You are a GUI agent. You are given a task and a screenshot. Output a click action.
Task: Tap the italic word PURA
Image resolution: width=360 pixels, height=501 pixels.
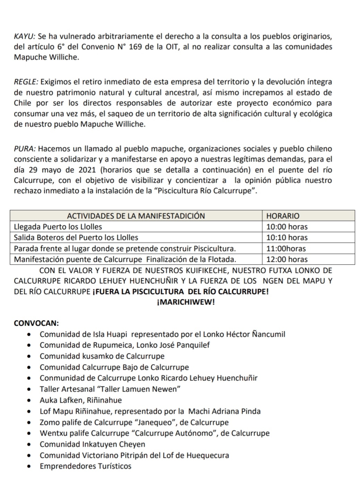[24, 149]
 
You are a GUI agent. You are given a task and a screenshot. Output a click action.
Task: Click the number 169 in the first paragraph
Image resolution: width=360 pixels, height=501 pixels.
[135, 47]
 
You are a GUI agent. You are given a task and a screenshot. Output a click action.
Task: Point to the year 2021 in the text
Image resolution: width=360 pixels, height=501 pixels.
[88, 170]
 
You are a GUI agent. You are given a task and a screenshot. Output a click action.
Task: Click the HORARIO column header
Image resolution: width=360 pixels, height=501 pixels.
[283, 216]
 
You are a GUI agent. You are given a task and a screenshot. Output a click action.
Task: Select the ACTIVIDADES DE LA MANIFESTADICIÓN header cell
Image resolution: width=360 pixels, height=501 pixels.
[136, 216]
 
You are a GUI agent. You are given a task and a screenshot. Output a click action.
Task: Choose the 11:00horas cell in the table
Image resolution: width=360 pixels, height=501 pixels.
[286, 249]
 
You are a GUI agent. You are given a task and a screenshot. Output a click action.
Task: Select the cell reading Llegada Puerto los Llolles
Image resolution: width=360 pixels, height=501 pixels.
[58, 227]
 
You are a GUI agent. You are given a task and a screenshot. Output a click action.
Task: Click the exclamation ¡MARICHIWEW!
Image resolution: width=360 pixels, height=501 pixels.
[186, 302]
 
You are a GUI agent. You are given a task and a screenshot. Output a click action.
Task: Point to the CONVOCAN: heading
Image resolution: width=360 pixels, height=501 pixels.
[36, 323]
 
